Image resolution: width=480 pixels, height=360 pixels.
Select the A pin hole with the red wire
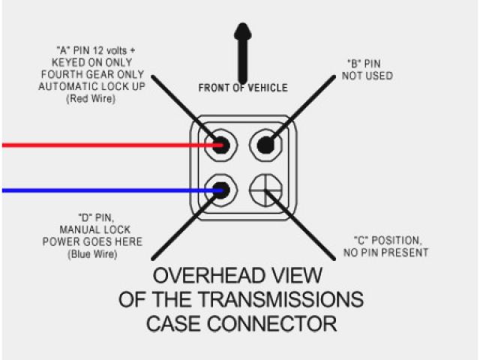click(220, 144)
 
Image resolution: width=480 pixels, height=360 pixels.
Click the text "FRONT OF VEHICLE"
click(242, 88)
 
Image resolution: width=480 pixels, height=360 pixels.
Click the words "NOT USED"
click(367, 76)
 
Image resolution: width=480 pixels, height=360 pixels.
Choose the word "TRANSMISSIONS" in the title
click(285, 300)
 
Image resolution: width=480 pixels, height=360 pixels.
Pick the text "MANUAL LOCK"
click(90, 230)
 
